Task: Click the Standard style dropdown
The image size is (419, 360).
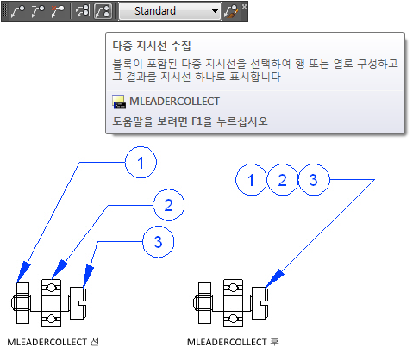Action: coord(170,11)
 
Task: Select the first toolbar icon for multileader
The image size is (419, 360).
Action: coord(17,11)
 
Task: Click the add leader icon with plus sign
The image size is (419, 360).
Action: coord(38,11)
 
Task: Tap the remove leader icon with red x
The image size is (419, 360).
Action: coord(57,11)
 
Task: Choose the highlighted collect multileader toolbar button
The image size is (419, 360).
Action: coord(103,11)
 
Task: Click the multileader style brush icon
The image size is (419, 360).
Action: coord(231,12)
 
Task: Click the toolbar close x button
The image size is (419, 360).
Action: coord(244,6)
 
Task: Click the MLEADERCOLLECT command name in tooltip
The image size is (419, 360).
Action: coord(174,102)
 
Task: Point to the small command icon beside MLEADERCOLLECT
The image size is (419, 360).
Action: coord(119,102)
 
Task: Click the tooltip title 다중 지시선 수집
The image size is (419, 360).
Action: coord(152,46)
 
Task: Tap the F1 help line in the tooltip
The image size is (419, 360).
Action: coord(190,121)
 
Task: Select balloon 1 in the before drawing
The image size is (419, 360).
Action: coord(141,163)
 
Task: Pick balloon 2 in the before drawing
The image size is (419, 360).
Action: coord(168,205)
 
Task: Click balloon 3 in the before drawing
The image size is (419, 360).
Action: coord(159,242)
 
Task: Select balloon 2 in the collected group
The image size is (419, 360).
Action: coord(283,180)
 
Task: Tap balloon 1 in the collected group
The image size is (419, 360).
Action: coord(251,180)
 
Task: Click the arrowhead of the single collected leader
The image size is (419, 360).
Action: coord(274,278)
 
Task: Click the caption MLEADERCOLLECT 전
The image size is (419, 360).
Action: coord(53,342)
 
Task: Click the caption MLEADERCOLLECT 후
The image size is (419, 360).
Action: coord(233,342)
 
